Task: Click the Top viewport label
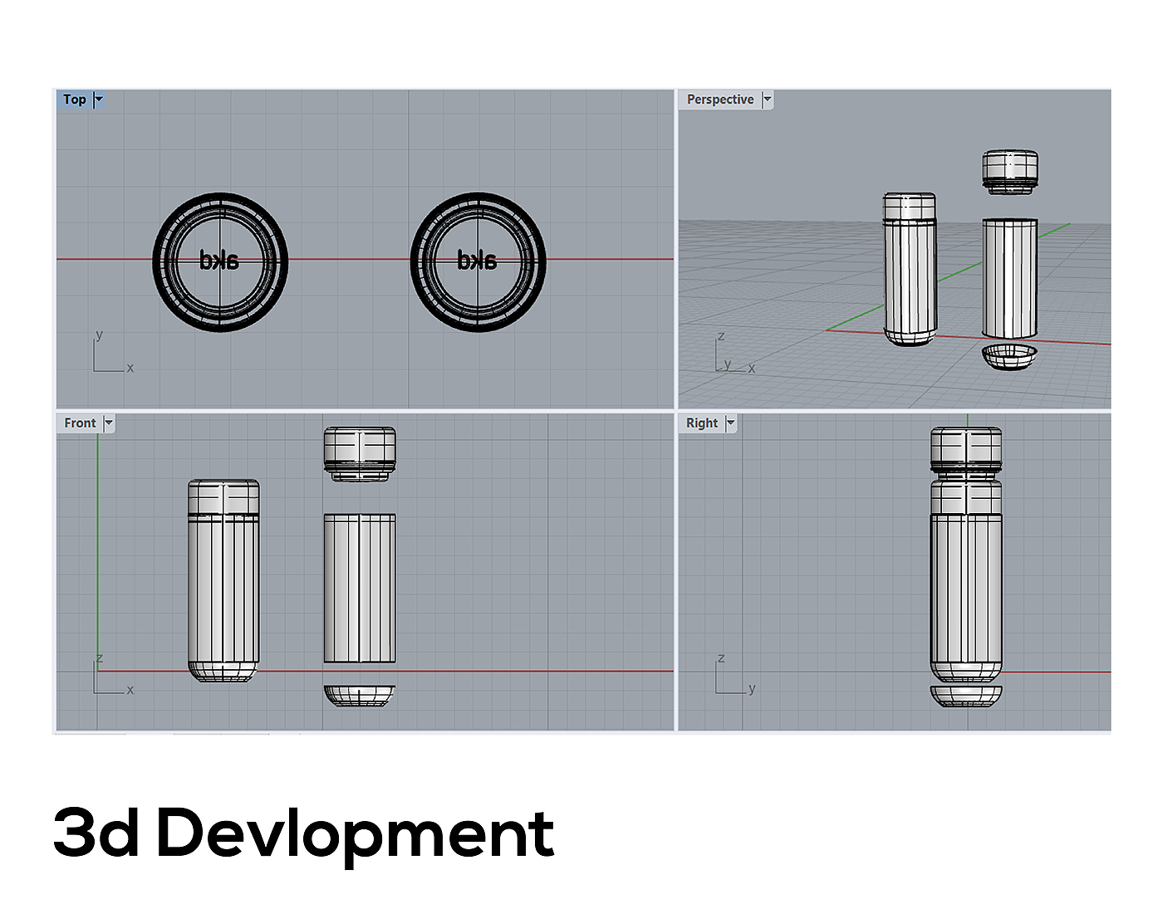(x=75, y=100)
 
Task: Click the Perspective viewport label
(x=720, y=100)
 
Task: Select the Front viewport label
(x=80, y=423)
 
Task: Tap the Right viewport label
(x=702, y=423)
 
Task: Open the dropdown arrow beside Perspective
(x=767, y=100)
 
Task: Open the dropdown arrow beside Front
(x=109, y=423)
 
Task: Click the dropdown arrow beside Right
(x=730, y=423)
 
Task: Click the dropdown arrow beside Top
(x=99, y=100)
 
